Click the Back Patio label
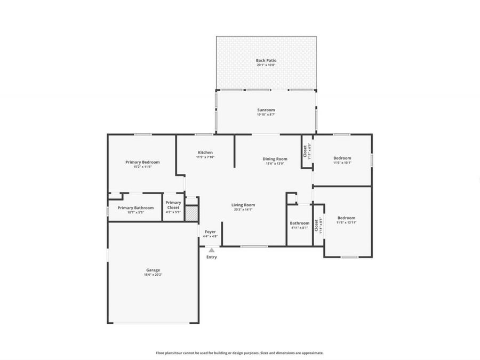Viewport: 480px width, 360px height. (x=266, y=60)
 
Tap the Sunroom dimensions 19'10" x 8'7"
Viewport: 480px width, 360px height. (x=266, y=115)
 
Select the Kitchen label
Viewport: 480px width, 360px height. (x=205, y=153)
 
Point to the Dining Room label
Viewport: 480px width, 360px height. (x=275, y=158)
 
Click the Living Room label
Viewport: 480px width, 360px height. (x=243, y=205)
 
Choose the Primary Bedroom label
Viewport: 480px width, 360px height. (x=142, y=162)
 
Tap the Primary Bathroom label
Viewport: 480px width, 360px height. (x=135, y=208)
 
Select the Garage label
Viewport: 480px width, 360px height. (x=153, y=270)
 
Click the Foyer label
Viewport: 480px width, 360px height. (x=210, y=232)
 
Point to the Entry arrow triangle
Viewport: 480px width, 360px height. (x=212, y=250)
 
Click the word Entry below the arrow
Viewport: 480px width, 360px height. (x=212, y=257)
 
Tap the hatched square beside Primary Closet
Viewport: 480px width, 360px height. (x=191, y=213)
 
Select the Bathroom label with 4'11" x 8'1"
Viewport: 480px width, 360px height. (x=299, y=223)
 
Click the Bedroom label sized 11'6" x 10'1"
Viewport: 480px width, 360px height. (x=342, y=158)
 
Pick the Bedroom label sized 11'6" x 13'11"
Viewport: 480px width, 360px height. (x=346, y=218)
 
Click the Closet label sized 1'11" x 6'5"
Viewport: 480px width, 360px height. (x=305, y=151)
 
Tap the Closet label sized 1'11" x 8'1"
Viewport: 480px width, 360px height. (x=317, y=225)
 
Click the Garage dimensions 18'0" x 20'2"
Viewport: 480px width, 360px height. (x=153, y=275)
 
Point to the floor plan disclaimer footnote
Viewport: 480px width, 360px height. (x=239, y=353)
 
